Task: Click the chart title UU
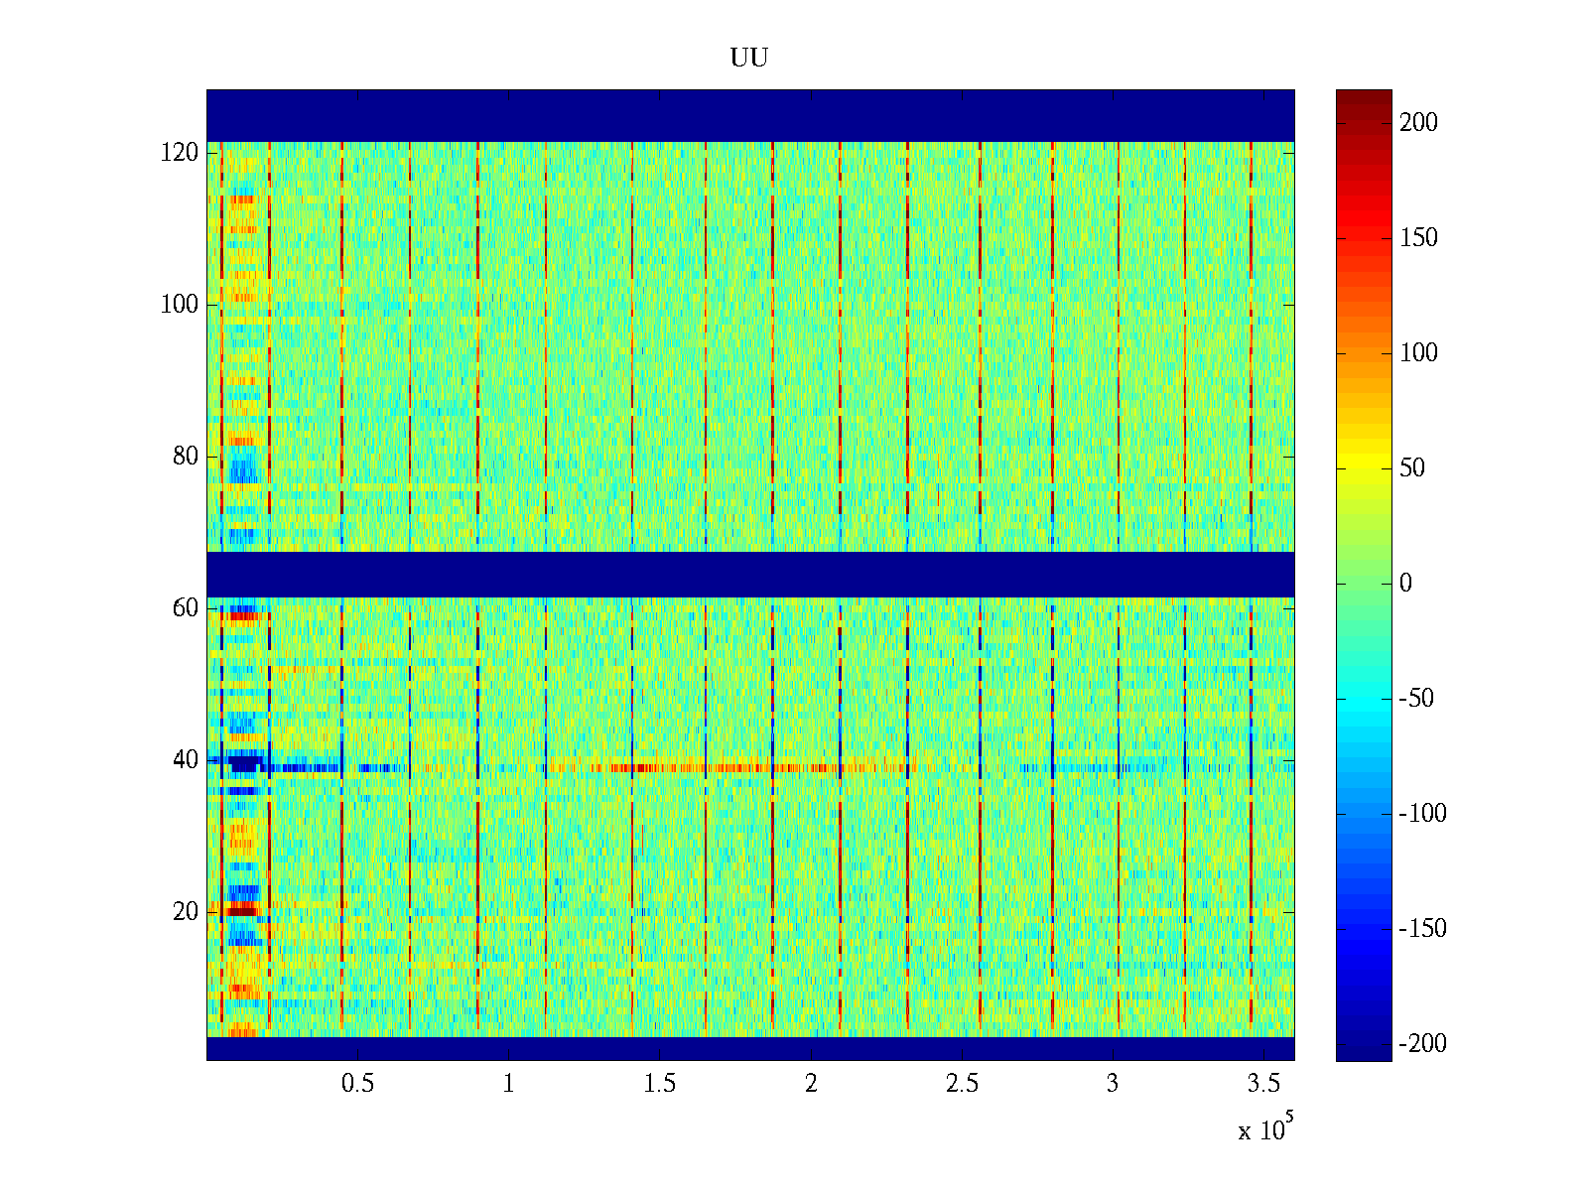749,59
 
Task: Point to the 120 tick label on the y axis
180,153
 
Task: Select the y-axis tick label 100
180,305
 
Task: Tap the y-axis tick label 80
186,457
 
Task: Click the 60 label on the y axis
186,608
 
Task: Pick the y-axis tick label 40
186,760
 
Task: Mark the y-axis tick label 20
186,912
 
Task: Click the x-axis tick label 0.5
357,1084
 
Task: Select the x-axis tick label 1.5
659,1084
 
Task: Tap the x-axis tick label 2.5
962,1084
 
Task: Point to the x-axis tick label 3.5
1263,1084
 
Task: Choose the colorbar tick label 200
1418,123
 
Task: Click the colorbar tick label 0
1405,584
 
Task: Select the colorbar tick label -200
1421,1044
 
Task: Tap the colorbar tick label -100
1421,814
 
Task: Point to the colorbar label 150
1418,238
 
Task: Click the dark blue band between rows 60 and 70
749,574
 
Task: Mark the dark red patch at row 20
241,909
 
